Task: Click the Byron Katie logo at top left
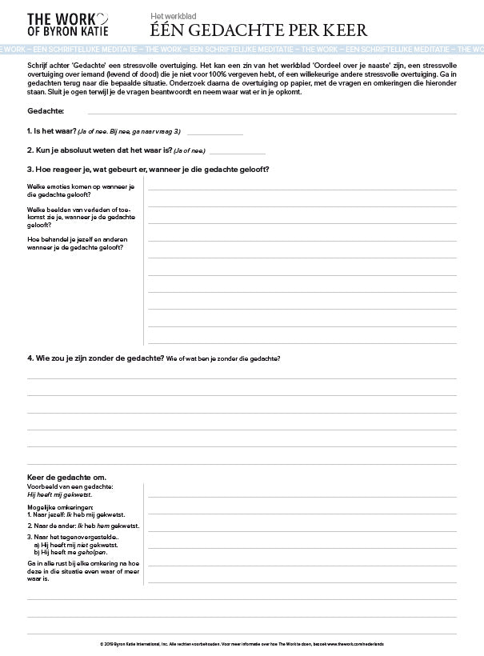61,24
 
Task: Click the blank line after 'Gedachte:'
264,113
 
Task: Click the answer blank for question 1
214,134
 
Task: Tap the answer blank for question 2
237,152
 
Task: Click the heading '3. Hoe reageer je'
148,169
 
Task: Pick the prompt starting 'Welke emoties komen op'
80,190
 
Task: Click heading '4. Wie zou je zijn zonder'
96,358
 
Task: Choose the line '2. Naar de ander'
83,526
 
